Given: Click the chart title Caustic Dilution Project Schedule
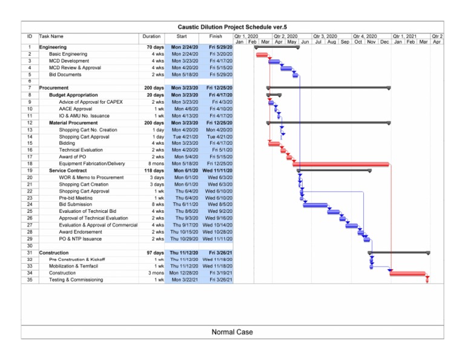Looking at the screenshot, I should [232, 27].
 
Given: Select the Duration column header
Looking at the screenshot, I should [151, 36].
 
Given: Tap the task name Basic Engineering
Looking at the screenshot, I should [68, 54].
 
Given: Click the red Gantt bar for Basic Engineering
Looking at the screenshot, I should [262, 55].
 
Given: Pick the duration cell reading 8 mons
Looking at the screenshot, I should [155, 164].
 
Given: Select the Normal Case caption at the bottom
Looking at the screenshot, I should [232, 332].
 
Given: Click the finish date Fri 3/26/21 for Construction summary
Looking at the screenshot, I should [219, 253].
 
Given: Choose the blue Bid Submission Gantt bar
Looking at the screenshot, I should [315, 205].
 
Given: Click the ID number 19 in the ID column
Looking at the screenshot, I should [30, 171].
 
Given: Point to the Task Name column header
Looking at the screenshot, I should [51, 36].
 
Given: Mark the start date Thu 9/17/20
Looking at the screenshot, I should [183, 225].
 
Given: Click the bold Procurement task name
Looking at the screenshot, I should [54, 88].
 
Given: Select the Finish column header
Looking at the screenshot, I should [216, 36].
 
